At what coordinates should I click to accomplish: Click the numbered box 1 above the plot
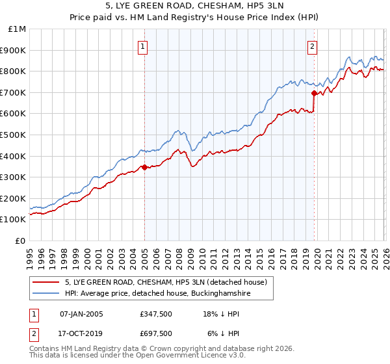click(142, 46)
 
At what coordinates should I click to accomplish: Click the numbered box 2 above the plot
click(313, 46)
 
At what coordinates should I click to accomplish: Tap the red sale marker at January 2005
click(144, 167)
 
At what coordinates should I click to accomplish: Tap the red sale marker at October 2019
click(314, 93)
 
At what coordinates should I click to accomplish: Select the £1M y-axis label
click(18, 29)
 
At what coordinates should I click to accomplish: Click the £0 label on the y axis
click(21, 240)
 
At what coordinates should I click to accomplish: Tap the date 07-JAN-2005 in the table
click(81, 314)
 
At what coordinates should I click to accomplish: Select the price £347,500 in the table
click(156, 314)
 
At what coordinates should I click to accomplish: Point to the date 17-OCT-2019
click(81, 333)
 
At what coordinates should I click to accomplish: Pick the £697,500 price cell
click(156, 333)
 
